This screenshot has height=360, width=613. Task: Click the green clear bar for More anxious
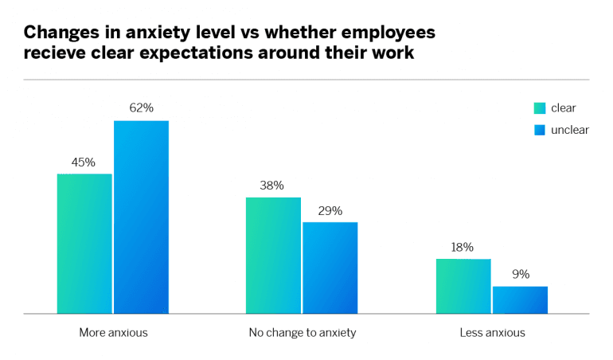(84, 244)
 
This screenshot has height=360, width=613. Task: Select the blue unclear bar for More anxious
(141, 217)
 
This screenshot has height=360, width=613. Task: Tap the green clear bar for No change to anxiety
(273, 256)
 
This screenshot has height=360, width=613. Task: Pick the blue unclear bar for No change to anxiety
(330, 268)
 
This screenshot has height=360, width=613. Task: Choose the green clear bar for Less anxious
(463, 286)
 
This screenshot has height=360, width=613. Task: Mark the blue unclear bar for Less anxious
(520, 300)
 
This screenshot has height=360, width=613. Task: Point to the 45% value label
(84, 162)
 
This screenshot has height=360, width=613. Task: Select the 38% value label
(272, 186)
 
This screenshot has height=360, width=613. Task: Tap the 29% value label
(330, 211)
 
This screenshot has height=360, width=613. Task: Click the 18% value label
(463, 247)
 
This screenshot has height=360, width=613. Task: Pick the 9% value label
(520, 275)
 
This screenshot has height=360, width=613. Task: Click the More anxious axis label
(113, 333)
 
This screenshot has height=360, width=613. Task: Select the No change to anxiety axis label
(302, 333)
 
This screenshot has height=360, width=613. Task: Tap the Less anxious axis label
(492, 333)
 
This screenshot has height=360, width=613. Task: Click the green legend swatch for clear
(539, 108)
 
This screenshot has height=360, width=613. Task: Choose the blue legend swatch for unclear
(539, 130)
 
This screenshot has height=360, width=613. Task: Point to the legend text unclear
(570, 130)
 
